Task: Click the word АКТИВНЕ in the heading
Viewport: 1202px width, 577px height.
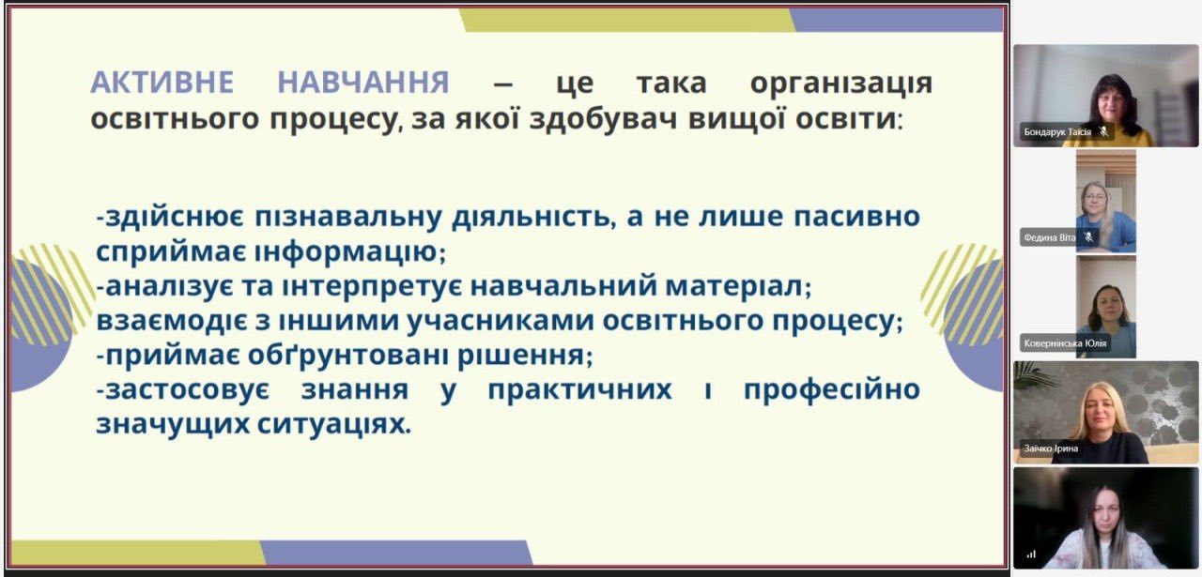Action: (x=162, y=83)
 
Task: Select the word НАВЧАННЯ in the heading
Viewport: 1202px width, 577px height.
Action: (x=363, y=83)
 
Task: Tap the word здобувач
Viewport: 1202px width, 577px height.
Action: (x=603, y=119)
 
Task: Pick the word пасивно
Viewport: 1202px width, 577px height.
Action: (x=857, y=217)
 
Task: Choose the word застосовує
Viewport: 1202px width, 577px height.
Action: (x=182, y=390)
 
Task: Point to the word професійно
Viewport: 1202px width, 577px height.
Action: (x=832, y=390)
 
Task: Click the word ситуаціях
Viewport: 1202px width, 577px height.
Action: (x=333, y=425)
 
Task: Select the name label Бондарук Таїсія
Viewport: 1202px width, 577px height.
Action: (x=1057, y=132)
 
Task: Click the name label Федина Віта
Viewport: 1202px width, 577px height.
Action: (x=1050, y=237)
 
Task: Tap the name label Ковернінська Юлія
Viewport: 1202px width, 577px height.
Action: (x=1065, y=343)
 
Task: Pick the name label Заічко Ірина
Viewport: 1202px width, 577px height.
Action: (x=1051, y=448)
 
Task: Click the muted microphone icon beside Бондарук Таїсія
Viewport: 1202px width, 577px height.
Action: (x=1103, y=131)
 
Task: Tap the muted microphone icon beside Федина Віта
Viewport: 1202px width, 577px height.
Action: (x=1088, y=237)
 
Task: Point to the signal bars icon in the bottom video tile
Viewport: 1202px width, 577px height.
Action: (x=1031, y=554)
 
